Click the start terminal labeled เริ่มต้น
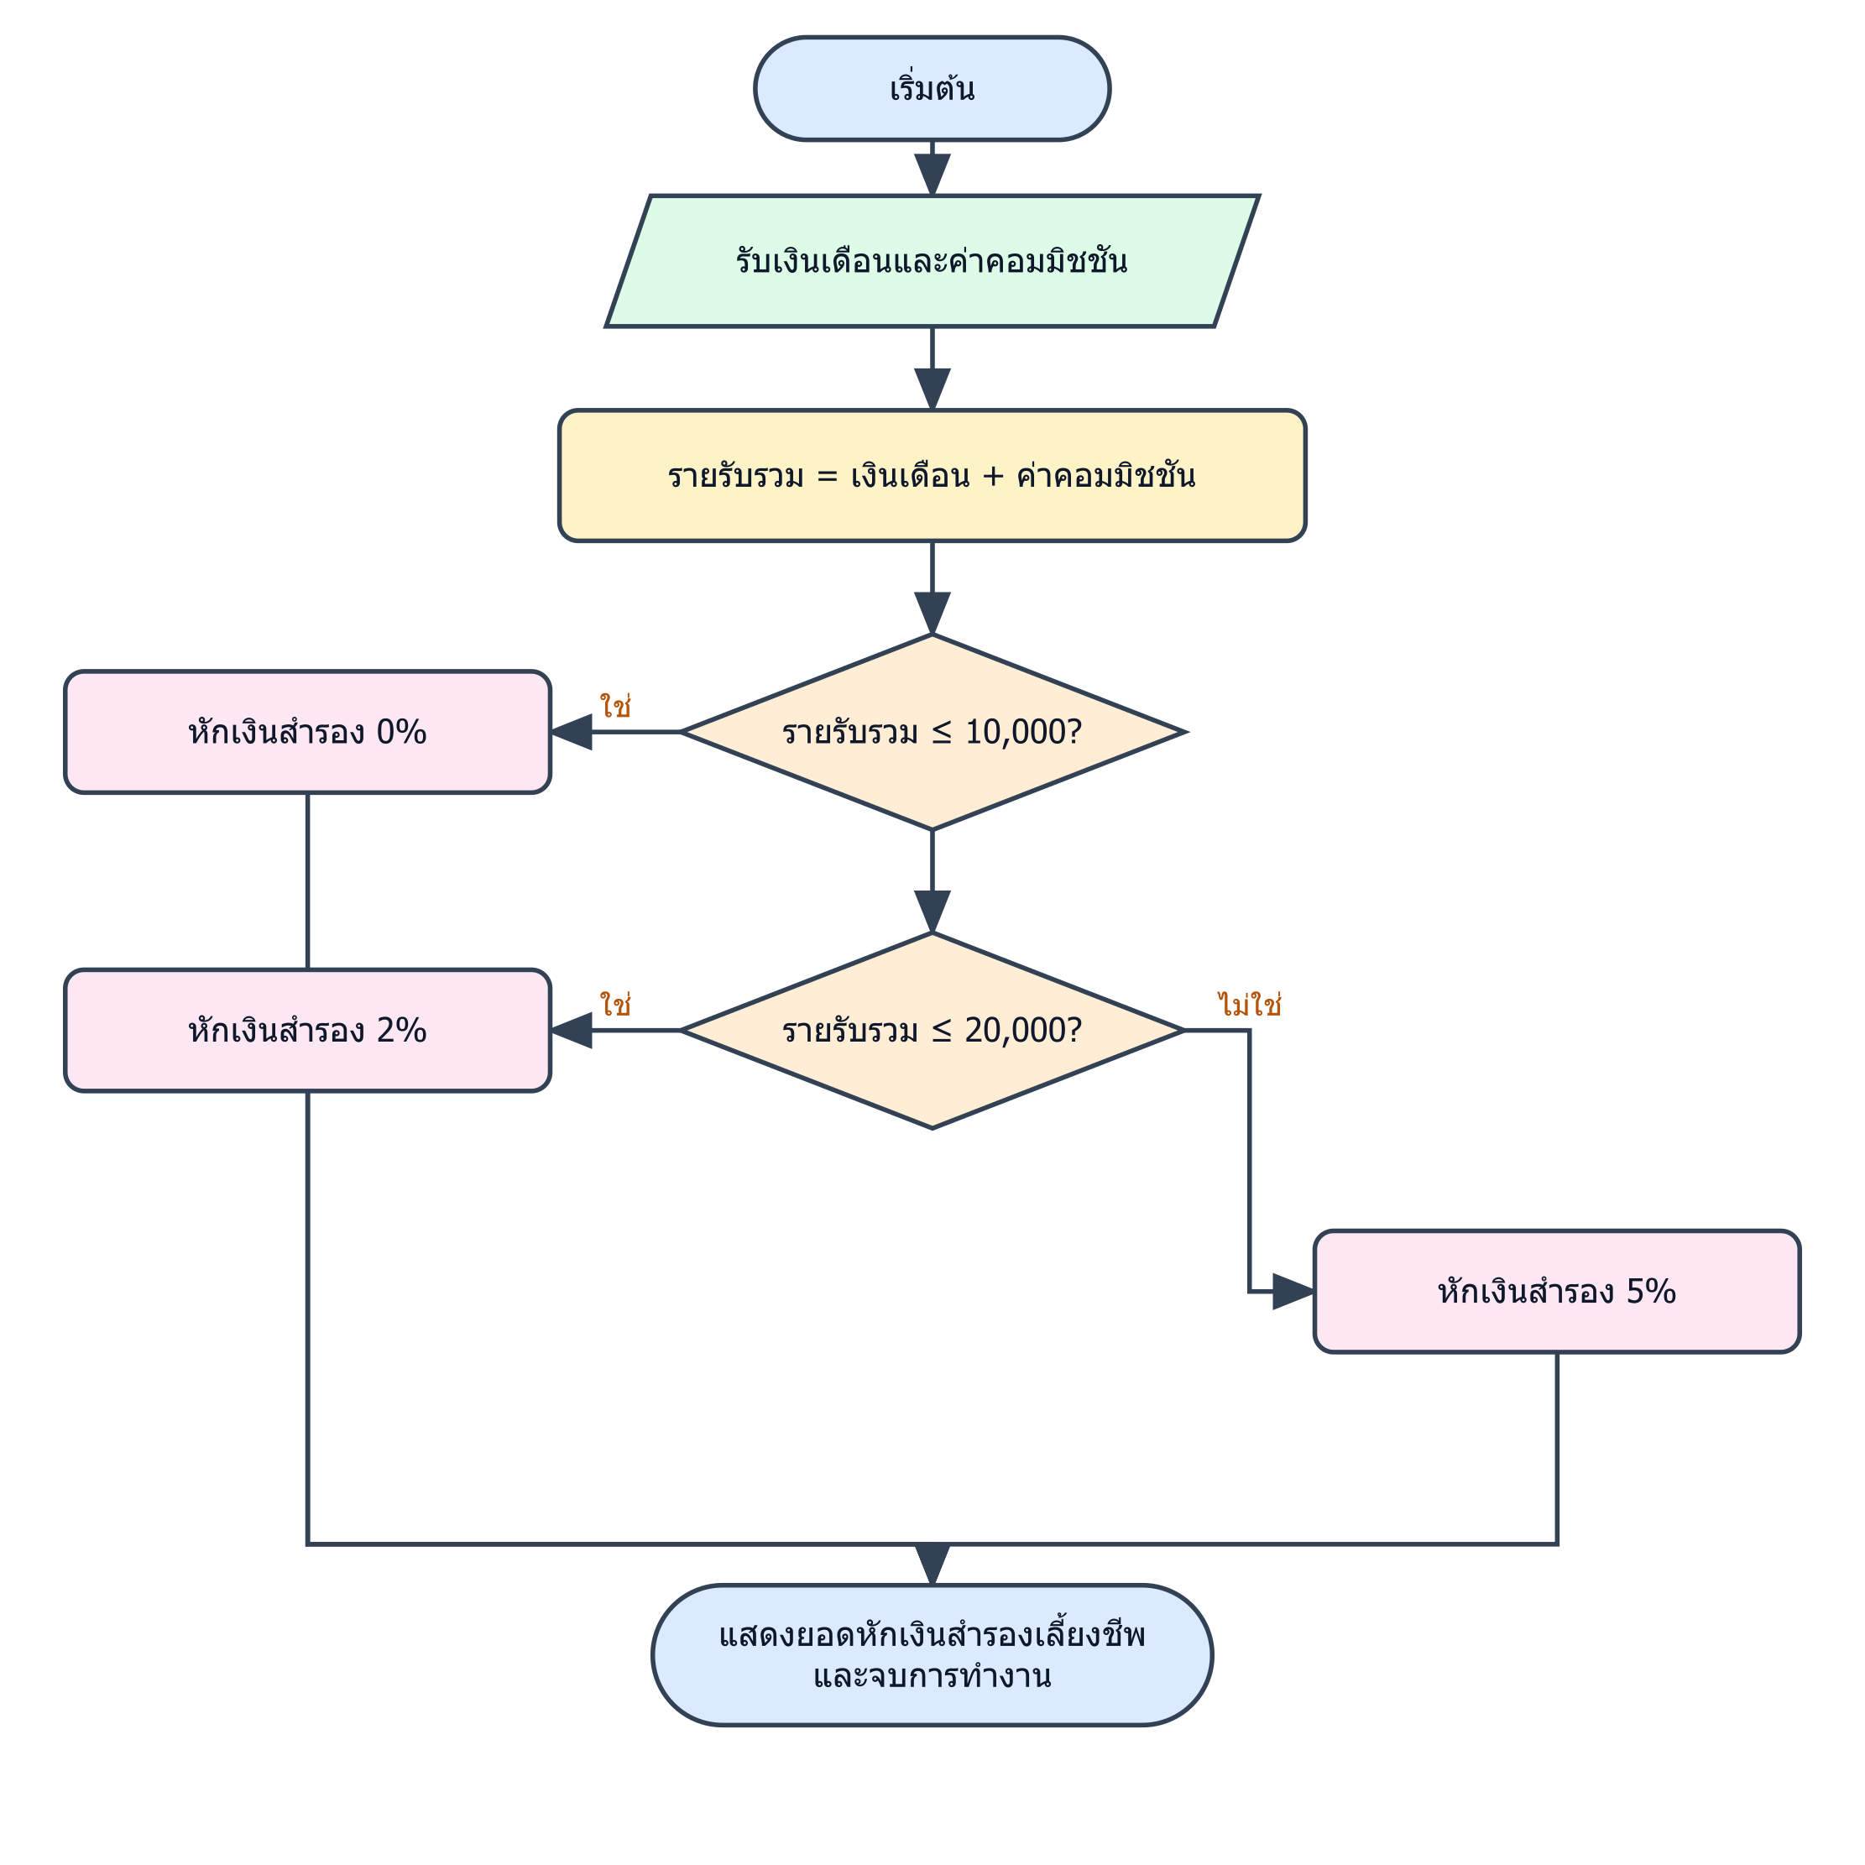tap(932, 89)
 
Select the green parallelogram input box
tap(932, 262)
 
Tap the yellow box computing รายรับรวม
tap(932, 475)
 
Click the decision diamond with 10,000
tap(932, 732)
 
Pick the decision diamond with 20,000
tap(932, 1030)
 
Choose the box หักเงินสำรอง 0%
tap(308, 732)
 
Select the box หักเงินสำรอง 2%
tap(308, 1030)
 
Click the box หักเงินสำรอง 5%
tap(1557, 1292)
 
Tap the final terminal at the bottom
tap(932, 1654)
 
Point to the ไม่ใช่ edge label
tap(1250, 1005)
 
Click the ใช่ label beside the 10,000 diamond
tap(615, 707)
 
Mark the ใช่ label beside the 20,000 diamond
tap(615, 1005)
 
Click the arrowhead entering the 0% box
tap(571, 732)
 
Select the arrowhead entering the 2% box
tap(571, 1030)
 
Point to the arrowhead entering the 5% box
tap(1293, 1292)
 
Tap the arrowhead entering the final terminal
tap(932, 1565)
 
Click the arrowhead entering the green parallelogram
tap(932, 175)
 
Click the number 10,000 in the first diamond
tap(1010, 733)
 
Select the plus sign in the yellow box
tap(993, 477)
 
